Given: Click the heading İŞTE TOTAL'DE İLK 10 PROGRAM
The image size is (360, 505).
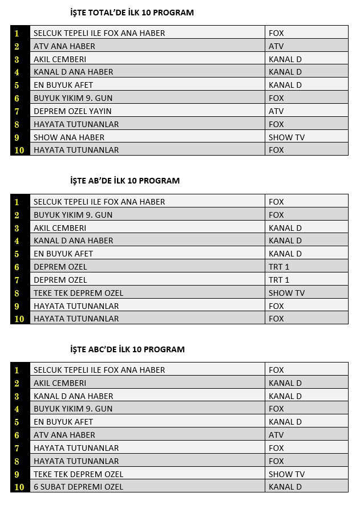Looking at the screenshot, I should (131, 13).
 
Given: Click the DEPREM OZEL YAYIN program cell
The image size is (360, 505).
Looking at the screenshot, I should (72, 111).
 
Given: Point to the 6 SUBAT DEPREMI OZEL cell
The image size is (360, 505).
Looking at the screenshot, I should (78, 487).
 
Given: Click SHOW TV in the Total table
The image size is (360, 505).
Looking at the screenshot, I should (286, 137).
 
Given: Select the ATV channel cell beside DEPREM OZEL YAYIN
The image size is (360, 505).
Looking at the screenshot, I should (276, 111).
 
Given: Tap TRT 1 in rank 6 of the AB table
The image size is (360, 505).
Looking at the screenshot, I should (279, 267).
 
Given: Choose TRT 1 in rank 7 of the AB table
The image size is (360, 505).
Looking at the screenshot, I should (279, 280).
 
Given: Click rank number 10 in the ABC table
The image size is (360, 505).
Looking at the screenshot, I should (19, 487).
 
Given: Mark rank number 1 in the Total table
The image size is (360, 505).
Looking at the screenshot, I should (17, 33).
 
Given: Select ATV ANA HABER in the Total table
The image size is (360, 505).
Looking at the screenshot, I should (64, 46).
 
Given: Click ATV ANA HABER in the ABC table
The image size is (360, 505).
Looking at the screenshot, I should (64, 435).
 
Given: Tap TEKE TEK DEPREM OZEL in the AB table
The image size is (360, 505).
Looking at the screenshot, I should (78, 293).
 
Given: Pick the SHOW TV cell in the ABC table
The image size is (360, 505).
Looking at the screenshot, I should (286, 474).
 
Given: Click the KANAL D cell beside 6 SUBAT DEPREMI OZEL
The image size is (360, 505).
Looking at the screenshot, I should (285, 487).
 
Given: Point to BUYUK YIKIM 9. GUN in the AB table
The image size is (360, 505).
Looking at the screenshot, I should (73, 215).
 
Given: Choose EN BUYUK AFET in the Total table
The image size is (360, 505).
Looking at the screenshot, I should (63, 85).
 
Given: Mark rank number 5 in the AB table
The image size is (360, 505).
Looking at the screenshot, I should (17, 254).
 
